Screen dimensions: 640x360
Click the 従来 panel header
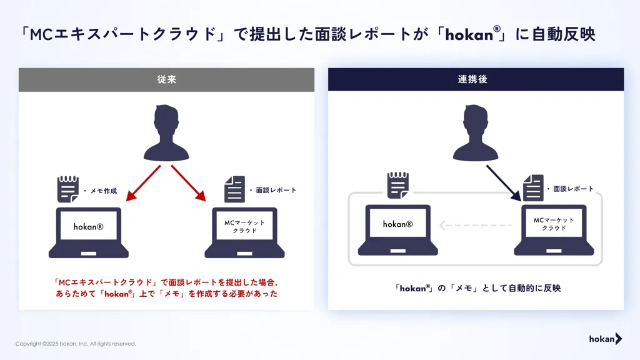166,79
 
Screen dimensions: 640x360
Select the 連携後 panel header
476,79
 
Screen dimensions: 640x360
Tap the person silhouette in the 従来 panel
166,132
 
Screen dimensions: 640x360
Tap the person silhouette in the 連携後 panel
476,132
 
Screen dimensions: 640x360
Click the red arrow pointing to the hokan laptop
143,183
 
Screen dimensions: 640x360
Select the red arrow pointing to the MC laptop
189,183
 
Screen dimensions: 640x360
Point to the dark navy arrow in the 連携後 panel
504,183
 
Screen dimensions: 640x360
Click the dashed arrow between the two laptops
475,225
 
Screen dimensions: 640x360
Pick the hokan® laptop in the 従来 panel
89,232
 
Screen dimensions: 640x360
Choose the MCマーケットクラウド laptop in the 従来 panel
244,232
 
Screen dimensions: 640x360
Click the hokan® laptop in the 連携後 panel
398,230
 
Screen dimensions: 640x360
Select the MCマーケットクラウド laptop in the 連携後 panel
554,230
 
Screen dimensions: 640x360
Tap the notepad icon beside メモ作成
67,189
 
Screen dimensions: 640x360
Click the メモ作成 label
104,191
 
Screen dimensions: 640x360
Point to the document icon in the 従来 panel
235,189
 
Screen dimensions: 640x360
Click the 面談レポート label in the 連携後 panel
573,189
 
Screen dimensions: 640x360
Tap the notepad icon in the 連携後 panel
398,185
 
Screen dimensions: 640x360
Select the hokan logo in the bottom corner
605,339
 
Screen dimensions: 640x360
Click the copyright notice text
76,344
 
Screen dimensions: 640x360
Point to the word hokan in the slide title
469,35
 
